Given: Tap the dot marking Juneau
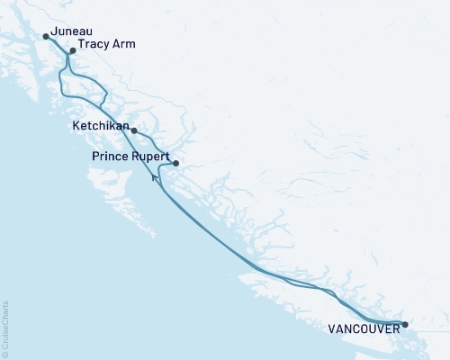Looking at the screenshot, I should (46, 37).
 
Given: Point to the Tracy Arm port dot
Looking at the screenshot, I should (72, 51).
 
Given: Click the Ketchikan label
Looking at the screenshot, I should (100, 127).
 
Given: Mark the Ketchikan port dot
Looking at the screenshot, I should (134, 131).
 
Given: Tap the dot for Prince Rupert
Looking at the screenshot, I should (175, 163).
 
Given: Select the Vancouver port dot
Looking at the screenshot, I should (405, 324).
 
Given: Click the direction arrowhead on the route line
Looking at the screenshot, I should (156, 178).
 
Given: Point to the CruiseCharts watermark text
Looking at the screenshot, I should (4, 323).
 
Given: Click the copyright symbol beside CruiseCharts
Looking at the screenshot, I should (4, 353).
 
